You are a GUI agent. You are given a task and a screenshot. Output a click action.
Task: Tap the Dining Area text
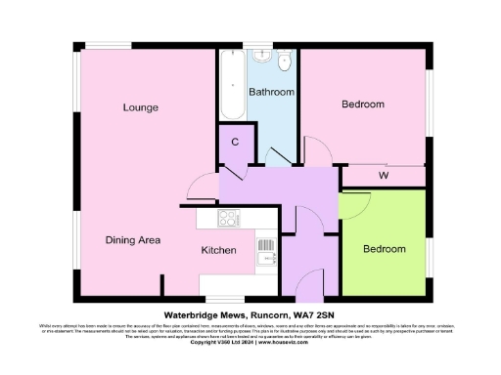(x=133, y=239)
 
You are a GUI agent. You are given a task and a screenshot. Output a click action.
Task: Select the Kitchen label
(x=218, y=251)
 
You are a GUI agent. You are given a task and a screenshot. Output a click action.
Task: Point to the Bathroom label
(x=270, y=92)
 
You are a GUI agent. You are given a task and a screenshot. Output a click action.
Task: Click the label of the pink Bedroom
(x=362, y=104)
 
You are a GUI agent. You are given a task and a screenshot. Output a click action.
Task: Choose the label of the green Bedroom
(x=384, y=249)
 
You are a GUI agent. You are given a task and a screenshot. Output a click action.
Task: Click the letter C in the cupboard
(x=235, y=143)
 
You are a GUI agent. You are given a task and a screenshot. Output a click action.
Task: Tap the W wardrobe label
(x=385, y=177)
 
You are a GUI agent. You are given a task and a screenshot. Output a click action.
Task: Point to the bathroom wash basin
(x=262, y=58)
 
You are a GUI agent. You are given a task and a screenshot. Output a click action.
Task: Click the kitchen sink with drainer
(x=265, y=251)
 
